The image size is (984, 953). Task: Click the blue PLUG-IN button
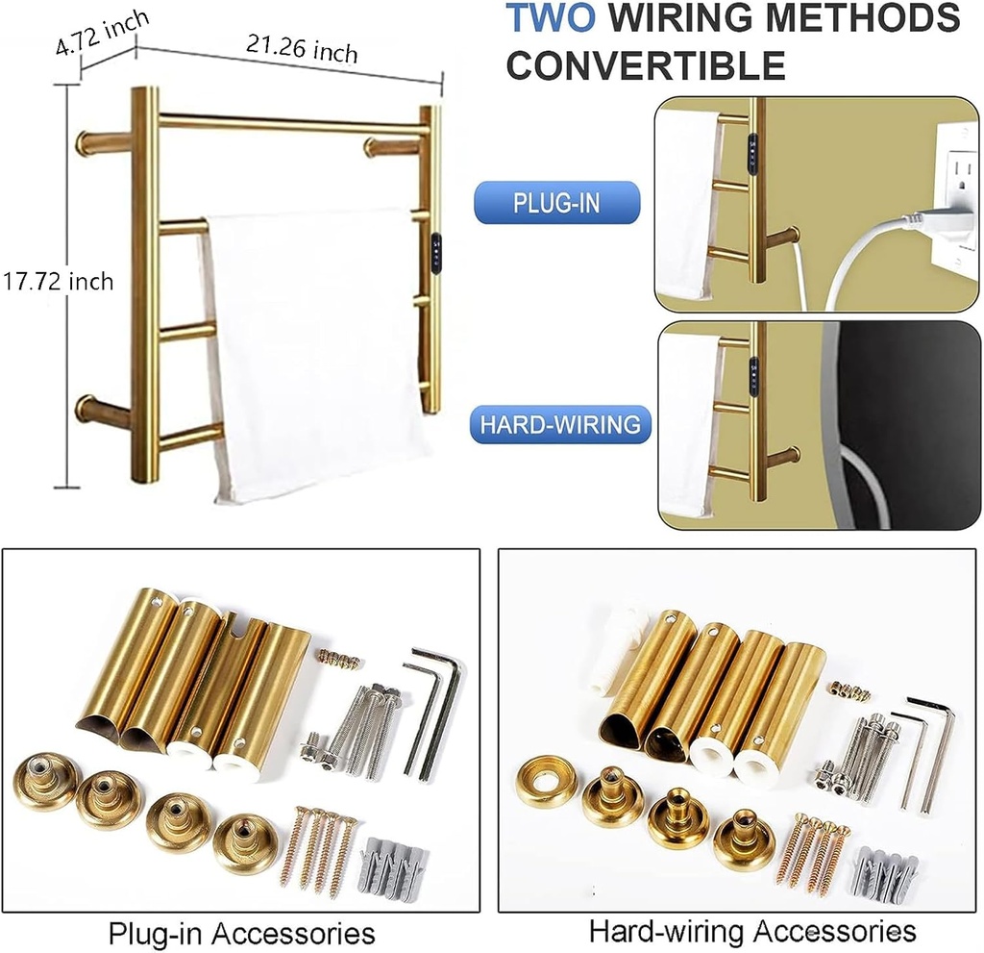556,203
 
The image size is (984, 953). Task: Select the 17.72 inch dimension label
57,281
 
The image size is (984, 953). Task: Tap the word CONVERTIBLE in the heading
646,65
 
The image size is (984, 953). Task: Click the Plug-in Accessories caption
241,932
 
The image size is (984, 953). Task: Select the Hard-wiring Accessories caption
752,931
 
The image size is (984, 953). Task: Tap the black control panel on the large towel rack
437,252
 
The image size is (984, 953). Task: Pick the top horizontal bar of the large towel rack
288,124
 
